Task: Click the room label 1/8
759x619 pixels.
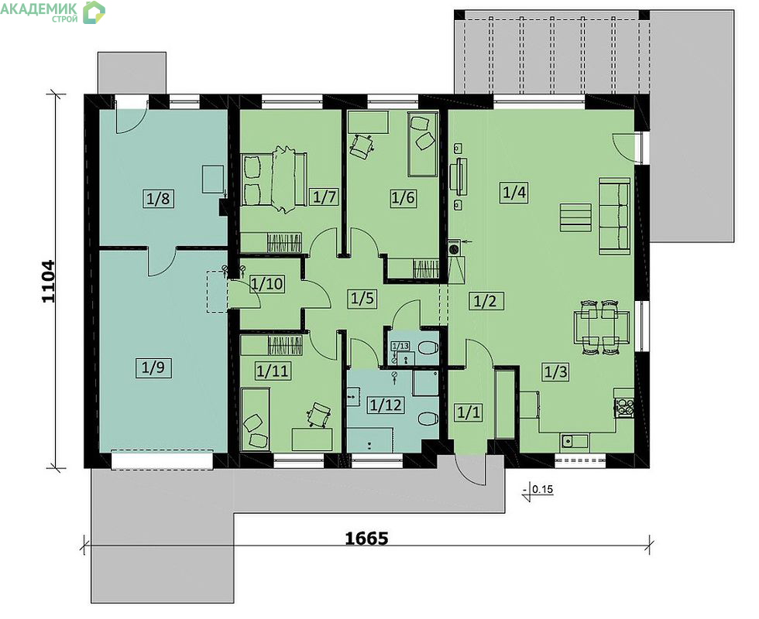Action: click(x=159, y=198)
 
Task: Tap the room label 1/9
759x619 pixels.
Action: click(x=153, y=368)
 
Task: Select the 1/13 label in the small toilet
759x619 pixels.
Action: click(x=400, y=346)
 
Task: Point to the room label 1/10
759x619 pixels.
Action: click(x=266, y=283)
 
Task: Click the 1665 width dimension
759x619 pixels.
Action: click(x=366, y=538)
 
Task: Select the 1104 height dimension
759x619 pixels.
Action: click(x=48, y=282)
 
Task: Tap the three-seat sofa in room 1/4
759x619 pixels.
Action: click(x=615, y=216)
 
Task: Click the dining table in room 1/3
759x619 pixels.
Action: click(x=602, y=327)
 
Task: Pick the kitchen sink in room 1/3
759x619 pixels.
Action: click(x=575, y=441)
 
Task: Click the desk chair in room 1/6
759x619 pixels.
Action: click(x=361, y=146)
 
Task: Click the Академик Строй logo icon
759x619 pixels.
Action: click(x=94, y=12)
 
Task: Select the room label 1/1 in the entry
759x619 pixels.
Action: click(x=468, y=412)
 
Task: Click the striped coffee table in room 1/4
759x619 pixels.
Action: click(x=575, y=217)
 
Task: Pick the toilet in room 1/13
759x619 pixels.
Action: click(x=428, y=348)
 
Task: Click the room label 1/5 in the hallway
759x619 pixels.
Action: click(x=362, y=298)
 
